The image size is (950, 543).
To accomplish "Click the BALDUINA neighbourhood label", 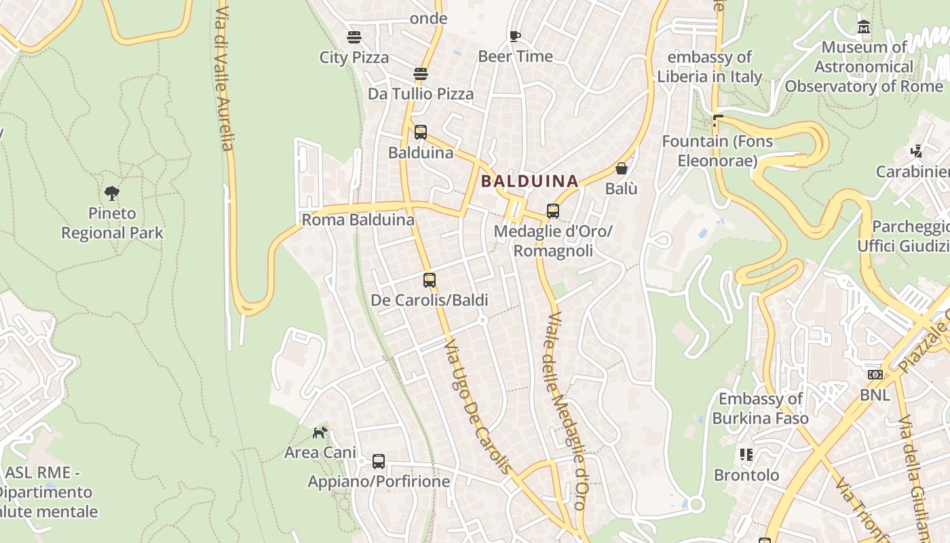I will pyautogui.click(x=529, y=181).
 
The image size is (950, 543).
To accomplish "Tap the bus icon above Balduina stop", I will pyautogui.click(x=421, y=132).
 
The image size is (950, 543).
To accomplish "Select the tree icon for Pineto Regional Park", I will pyautogui.click(x=112, y=193).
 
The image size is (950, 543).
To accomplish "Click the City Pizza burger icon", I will pyautogui.click(x=354, y=37).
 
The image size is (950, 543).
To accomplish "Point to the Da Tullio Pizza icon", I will pyautogui.click(x=421, y=73).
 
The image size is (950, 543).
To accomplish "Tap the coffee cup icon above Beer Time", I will pyautogui.click(x=515, y=36).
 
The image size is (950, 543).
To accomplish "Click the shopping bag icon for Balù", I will pyautogui.click(x=621, y=168).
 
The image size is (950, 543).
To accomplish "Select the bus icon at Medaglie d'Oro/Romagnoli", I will pyautogui.click(x=553, y=211).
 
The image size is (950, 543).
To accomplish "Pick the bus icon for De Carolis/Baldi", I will pyautogui.click(x=429, y=280).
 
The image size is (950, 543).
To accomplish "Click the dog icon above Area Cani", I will pyautogui.click(x=320, y=432).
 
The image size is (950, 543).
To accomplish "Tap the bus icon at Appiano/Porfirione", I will pyautogui.click(x=379, y=462).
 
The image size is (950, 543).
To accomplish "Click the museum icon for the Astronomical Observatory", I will pyautogui.click(x=864, y=27).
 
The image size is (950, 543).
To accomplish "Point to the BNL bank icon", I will pyautogui.click(x=875, y=375).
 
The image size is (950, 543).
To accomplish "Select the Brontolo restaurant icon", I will pyautogui.click(x=746, y=455).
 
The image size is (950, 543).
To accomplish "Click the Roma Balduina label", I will pyautogui.click(x=358, y=220).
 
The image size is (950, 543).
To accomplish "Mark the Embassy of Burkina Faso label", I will pyautogui.click(x=760, y=408).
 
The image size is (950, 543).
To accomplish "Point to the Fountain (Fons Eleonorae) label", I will pyautogui.click(x=717, y=151).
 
